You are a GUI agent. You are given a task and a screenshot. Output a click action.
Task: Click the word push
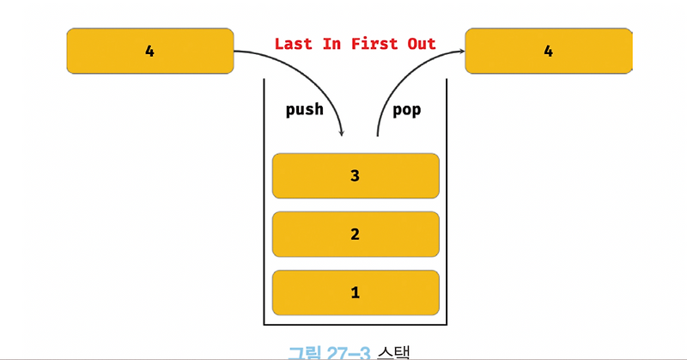(304, 111)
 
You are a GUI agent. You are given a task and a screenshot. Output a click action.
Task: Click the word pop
(406, 111)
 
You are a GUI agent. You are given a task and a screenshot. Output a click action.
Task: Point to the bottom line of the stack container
(356, 325)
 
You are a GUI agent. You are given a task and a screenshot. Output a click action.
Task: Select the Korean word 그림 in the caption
(304, 351)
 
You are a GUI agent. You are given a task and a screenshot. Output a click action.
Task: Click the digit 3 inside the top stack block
(355, 176)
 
